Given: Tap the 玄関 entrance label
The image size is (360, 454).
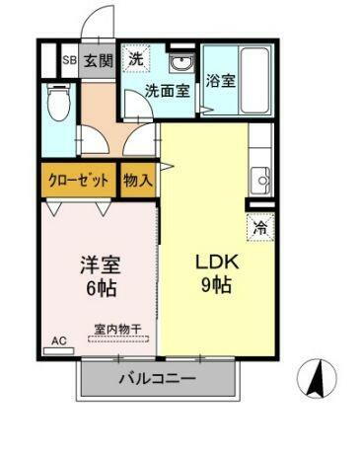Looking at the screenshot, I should coord(97,60).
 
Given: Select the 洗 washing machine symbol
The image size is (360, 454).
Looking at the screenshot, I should coord(136,58).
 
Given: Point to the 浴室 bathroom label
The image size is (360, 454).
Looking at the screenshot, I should coord(220,81).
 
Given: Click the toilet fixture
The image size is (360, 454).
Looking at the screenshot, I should coord(60,102).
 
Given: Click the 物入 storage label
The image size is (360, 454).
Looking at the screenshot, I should coord(138,181).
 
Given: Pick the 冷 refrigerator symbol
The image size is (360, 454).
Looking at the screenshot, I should coord(258,226).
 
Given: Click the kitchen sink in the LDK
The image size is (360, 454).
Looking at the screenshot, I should coord(260,180).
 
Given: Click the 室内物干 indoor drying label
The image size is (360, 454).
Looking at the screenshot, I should coord(117,328).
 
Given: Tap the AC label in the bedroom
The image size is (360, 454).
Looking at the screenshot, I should coord(58,341).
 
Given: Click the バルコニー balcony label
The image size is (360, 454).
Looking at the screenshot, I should coord(158,378).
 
